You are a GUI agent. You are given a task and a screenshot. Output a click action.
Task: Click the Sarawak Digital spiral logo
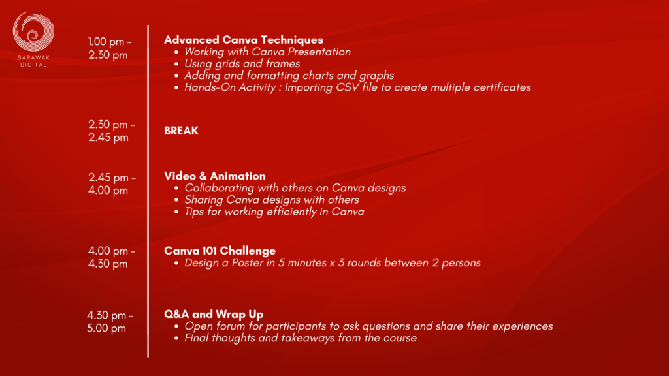(33, 32)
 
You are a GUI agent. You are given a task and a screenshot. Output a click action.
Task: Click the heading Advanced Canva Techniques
(244, 40)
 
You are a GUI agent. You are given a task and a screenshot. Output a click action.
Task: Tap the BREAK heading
(182, 131)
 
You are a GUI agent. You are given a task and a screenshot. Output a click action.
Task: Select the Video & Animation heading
(214, 176)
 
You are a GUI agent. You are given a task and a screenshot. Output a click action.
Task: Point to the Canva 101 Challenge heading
(220, 251)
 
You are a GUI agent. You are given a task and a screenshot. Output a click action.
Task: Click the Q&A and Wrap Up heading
(214, 314)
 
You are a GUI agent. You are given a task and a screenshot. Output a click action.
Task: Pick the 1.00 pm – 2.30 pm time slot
(110, 48)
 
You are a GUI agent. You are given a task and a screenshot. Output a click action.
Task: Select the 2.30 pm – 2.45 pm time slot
(111, 131)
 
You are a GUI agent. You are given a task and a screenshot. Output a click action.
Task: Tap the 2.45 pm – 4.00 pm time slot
(112, 183)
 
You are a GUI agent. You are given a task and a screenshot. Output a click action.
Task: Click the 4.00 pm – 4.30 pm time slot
(111, 257)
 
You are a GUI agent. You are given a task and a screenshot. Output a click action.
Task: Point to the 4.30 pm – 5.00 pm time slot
(110, 321)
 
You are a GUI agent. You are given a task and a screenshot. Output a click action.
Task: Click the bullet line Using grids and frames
(242, 63)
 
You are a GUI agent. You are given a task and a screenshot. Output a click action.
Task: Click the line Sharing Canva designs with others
(271, 200)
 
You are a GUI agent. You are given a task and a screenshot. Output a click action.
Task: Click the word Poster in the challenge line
(248, 262)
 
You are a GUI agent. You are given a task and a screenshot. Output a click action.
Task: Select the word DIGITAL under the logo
(33, 65)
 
